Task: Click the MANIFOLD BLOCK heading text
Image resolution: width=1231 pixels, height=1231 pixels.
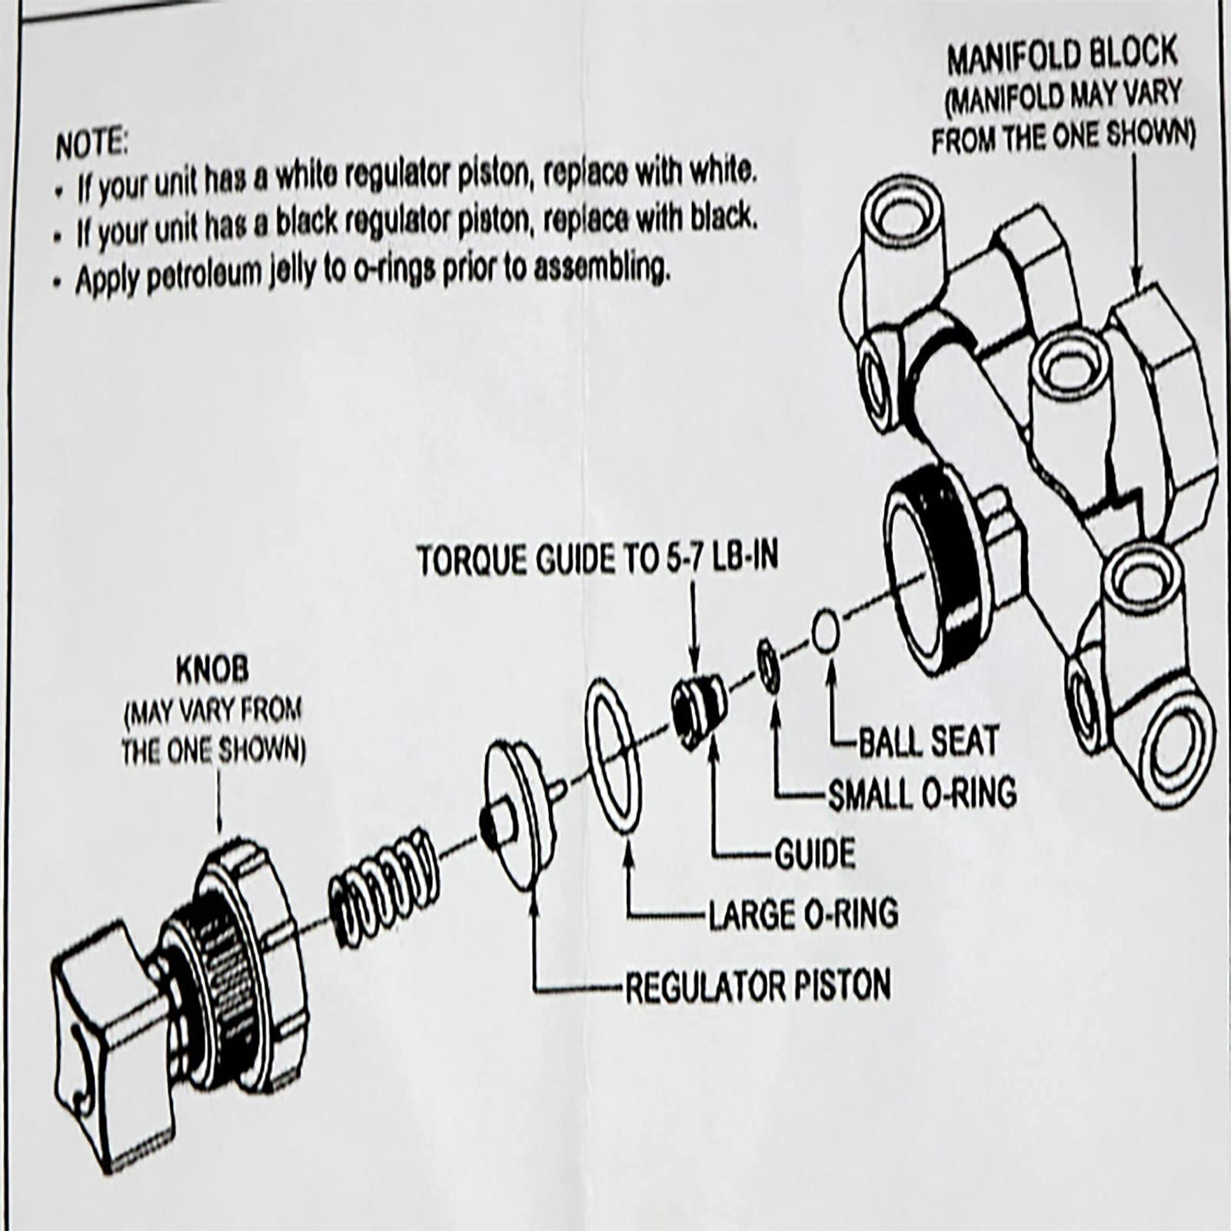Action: (1061, 55)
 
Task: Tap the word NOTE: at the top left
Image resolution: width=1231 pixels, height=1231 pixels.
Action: (91, 145)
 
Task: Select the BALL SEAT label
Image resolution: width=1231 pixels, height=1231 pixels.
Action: (927, 741)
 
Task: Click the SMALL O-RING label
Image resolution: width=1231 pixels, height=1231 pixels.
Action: (921, 792)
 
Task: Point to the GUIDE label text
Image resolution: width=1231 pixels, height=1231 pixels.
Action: (814, 854)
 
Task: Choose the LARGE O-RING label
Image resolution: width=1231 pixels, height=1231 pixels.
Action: (802, 914)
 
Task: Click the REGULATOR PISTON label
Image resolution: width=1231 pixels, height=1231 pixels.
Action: (757, 986)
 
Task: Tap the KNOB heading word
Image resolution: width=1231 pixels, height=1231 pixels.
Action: (212, 670)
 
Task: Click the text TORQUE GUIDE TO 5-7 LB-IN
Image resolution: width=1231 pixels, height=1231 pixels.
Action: (597, 560)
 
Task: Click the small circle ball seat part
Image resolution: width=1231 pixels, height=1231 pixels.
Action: (825, 629)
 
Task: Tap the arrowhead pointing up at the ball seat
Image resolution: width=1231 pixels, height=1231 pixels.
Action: (830, 662)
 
